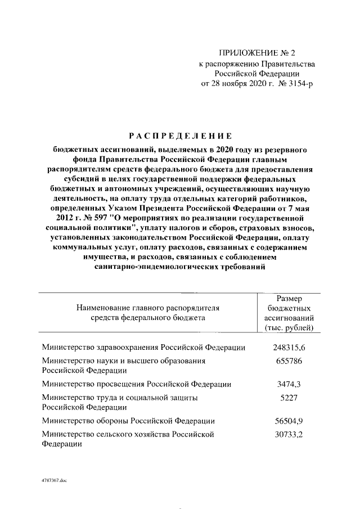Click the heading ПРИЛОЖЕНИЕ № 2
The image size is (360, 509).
click(x=256, y=53)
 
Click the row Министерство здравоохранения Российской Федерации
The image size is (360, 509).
click(x=143, y=348)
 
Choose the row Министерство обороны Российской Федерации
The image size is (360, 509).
click(x=128, y=421)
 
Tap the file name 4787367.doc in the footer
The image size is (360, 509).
click(x=53, y=482)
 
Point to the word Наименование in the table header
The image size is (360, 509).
click(x=101, y=308)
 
